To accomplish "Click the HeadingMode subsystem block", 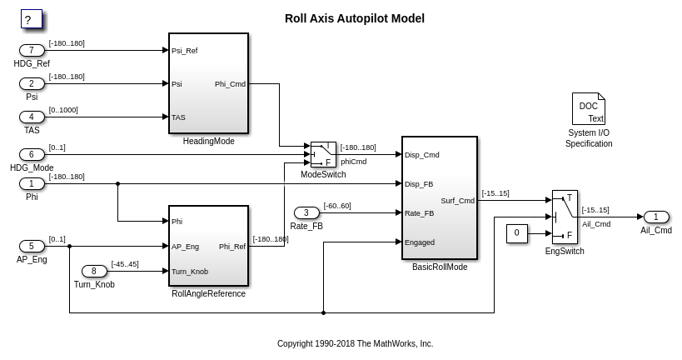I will (x=208, y=83).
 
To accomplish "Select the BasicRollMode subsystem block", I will (x=439, y=198).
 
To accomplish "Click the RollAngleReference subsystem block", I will (x=208, y=247).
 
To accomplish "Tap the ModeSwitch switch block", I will (x=323, y=154).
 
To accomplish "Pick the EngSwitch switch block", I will (x=565, y=217).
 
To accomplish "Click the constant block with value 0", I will (x=517, y=233).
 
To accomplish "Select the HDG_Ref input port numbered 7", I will (x=32, y=51).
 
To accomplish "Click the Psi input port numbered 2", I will (x=32, y=83).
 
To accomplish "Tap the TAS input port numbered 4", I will (x=32, y=117).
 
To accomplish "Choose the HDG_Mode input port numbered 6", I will (x=32, y=154).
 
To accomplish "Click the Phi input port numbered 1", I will (x=32, y=183).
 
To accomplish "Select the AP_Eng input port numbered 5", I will (x=32, y=246).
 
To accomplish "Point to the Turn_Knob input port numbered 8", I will (x=94, y=271).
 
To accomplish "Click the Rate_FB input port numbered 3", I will (x=306, y=212).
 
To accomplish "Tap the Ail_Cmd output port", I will (x=656, y=217).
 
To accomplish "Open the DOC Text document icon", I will (x=588, y=109).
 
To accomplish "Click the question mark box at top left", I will (x=32, y=19).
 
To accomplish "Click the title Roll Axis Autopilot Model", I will (x=354, y=18).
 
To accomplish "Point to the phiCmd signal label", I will (x=353, y=162).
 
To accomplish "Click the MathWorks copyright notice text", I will (x=355, y=343).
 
